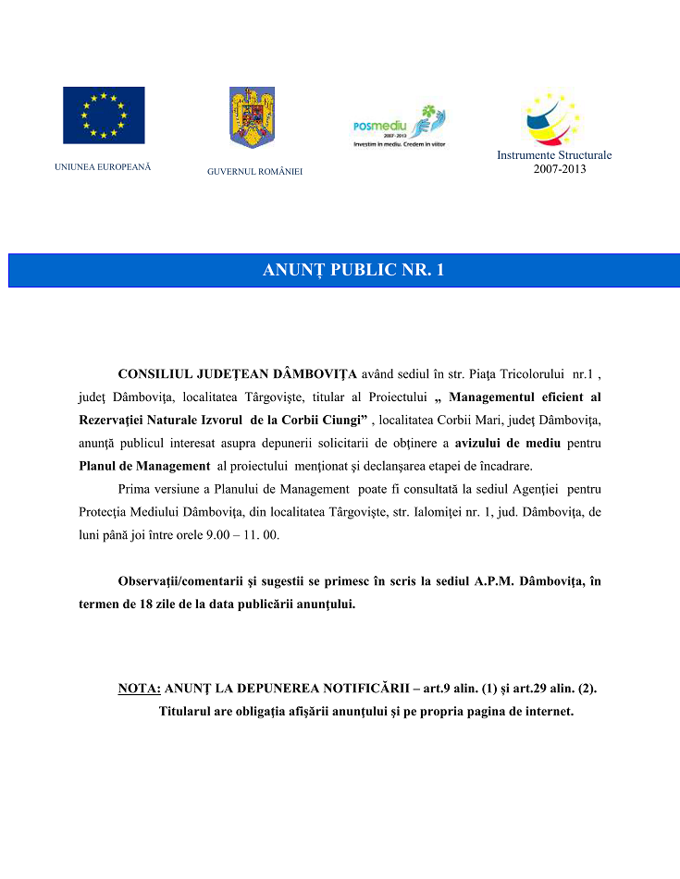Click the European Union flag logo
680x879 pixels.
coord(104,116)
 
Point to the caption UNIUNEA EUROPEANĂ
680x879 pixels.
coord(103,167)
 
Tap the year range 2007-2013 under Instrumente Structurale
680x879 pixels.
coord(560,168)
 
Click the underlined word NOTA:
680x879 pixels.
coord(140,690)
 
